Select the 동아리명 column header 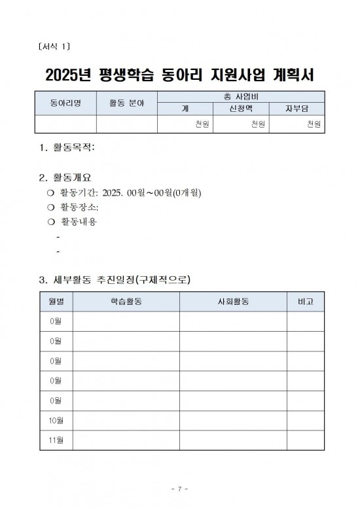coord(65,103)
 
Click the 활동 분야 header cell coord(127,103)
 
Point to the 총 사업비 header coord(240,97)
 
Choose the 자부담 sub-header coord(296,109)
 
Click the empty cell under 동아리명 coord(65,124)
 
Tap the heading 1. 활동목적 coord(67,148)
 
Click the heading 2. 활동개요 coord(67,177)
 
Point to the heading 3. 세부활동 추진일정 coord(115,281)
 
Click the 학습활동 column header coord(126,302)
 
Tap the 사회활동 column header coord(233,302)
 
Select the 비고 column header coord(305,302)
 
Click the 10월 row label coord(56,420)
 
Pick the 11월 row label coord(56,440)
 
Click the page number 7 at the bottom coord(179,489)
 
